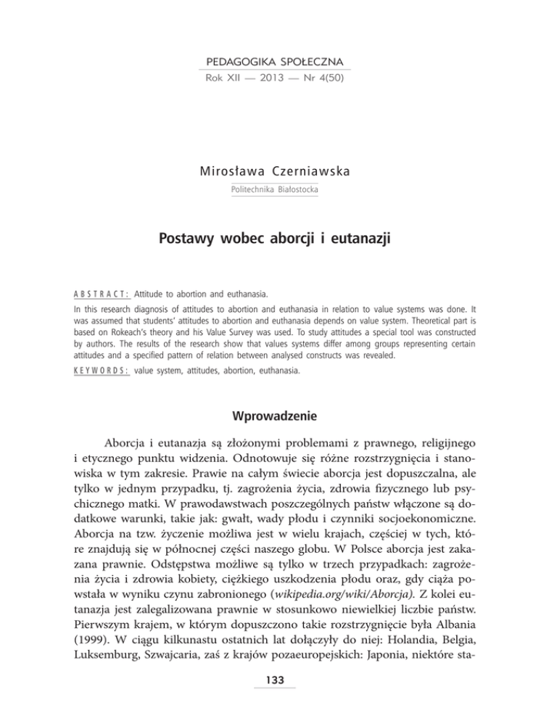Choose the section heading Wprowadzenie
point(278,417)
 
